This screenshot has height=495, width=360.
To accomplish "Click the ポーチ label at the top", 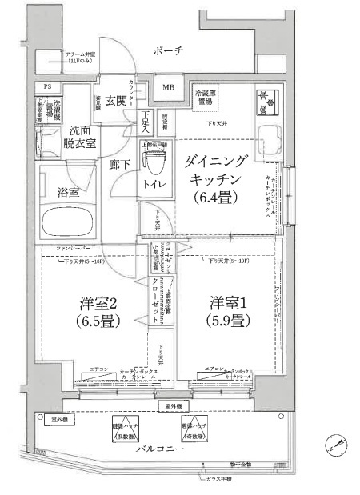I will click(x=170, y=51).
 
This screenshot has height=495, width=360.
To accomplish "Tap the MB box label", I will click(x=169, y=87).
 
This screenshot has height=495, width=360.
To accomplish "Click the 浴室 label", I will click(x=68, y=193).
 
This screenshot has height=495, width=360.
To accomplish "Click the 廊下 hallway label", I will click(x=118, y=167).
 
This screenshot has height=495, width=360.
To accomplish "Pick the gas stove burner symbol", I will click(x=264, y=99).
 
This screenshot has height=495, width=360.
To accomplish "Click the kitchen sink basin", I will click(x=265, y=139).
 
